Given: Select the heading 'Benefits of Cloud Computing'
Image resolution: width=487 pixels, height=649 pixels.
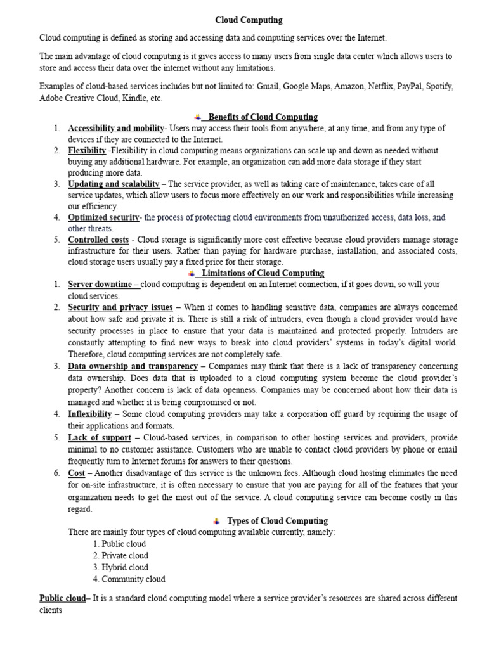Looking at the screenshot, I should tap(263, 117).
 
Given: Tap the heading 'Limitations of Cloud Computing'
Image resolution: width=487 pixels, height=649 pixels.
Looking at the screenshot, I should tap(263, 273).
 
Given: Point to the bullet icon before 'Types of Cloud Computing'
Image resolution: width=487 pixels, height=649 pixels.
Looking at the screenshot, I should tap(217, 521).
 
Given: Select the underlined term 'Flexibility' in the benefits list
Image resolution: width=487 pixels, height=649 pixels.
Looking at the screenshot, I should tap(87, 151).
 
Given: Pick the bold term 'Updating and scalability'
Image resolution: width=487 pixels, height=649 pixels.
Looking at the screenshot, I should tap(114, 184).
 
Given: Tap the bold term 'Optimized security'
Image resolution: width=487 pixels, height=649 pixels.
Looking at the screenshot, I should tap(103, 217).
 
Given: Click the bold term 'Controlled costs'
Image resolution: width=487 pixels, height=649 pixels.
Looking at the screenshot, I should tap(98, 240).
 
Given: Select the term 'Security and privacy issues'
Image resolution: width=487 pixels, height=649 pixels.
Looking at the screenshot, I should tap(120, 307).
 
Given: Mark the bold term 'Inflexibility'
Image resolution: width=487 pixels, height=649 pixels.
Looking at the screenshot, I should tap(90, 414).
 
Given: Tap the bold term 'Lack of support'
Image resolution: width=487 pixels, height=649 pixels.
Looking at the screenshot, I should tap(100, 438).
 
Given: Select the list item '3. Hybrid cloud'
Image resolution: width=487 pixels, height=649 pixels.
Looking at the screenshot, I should tap(120, 567).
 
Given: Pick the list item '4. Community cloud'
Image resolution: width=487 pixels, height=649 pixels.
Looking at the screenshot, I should tap(129, 579).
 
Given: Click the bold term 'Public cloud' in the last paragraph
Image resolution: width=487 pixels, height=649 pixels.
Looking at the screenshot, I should tap(62, 598).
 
